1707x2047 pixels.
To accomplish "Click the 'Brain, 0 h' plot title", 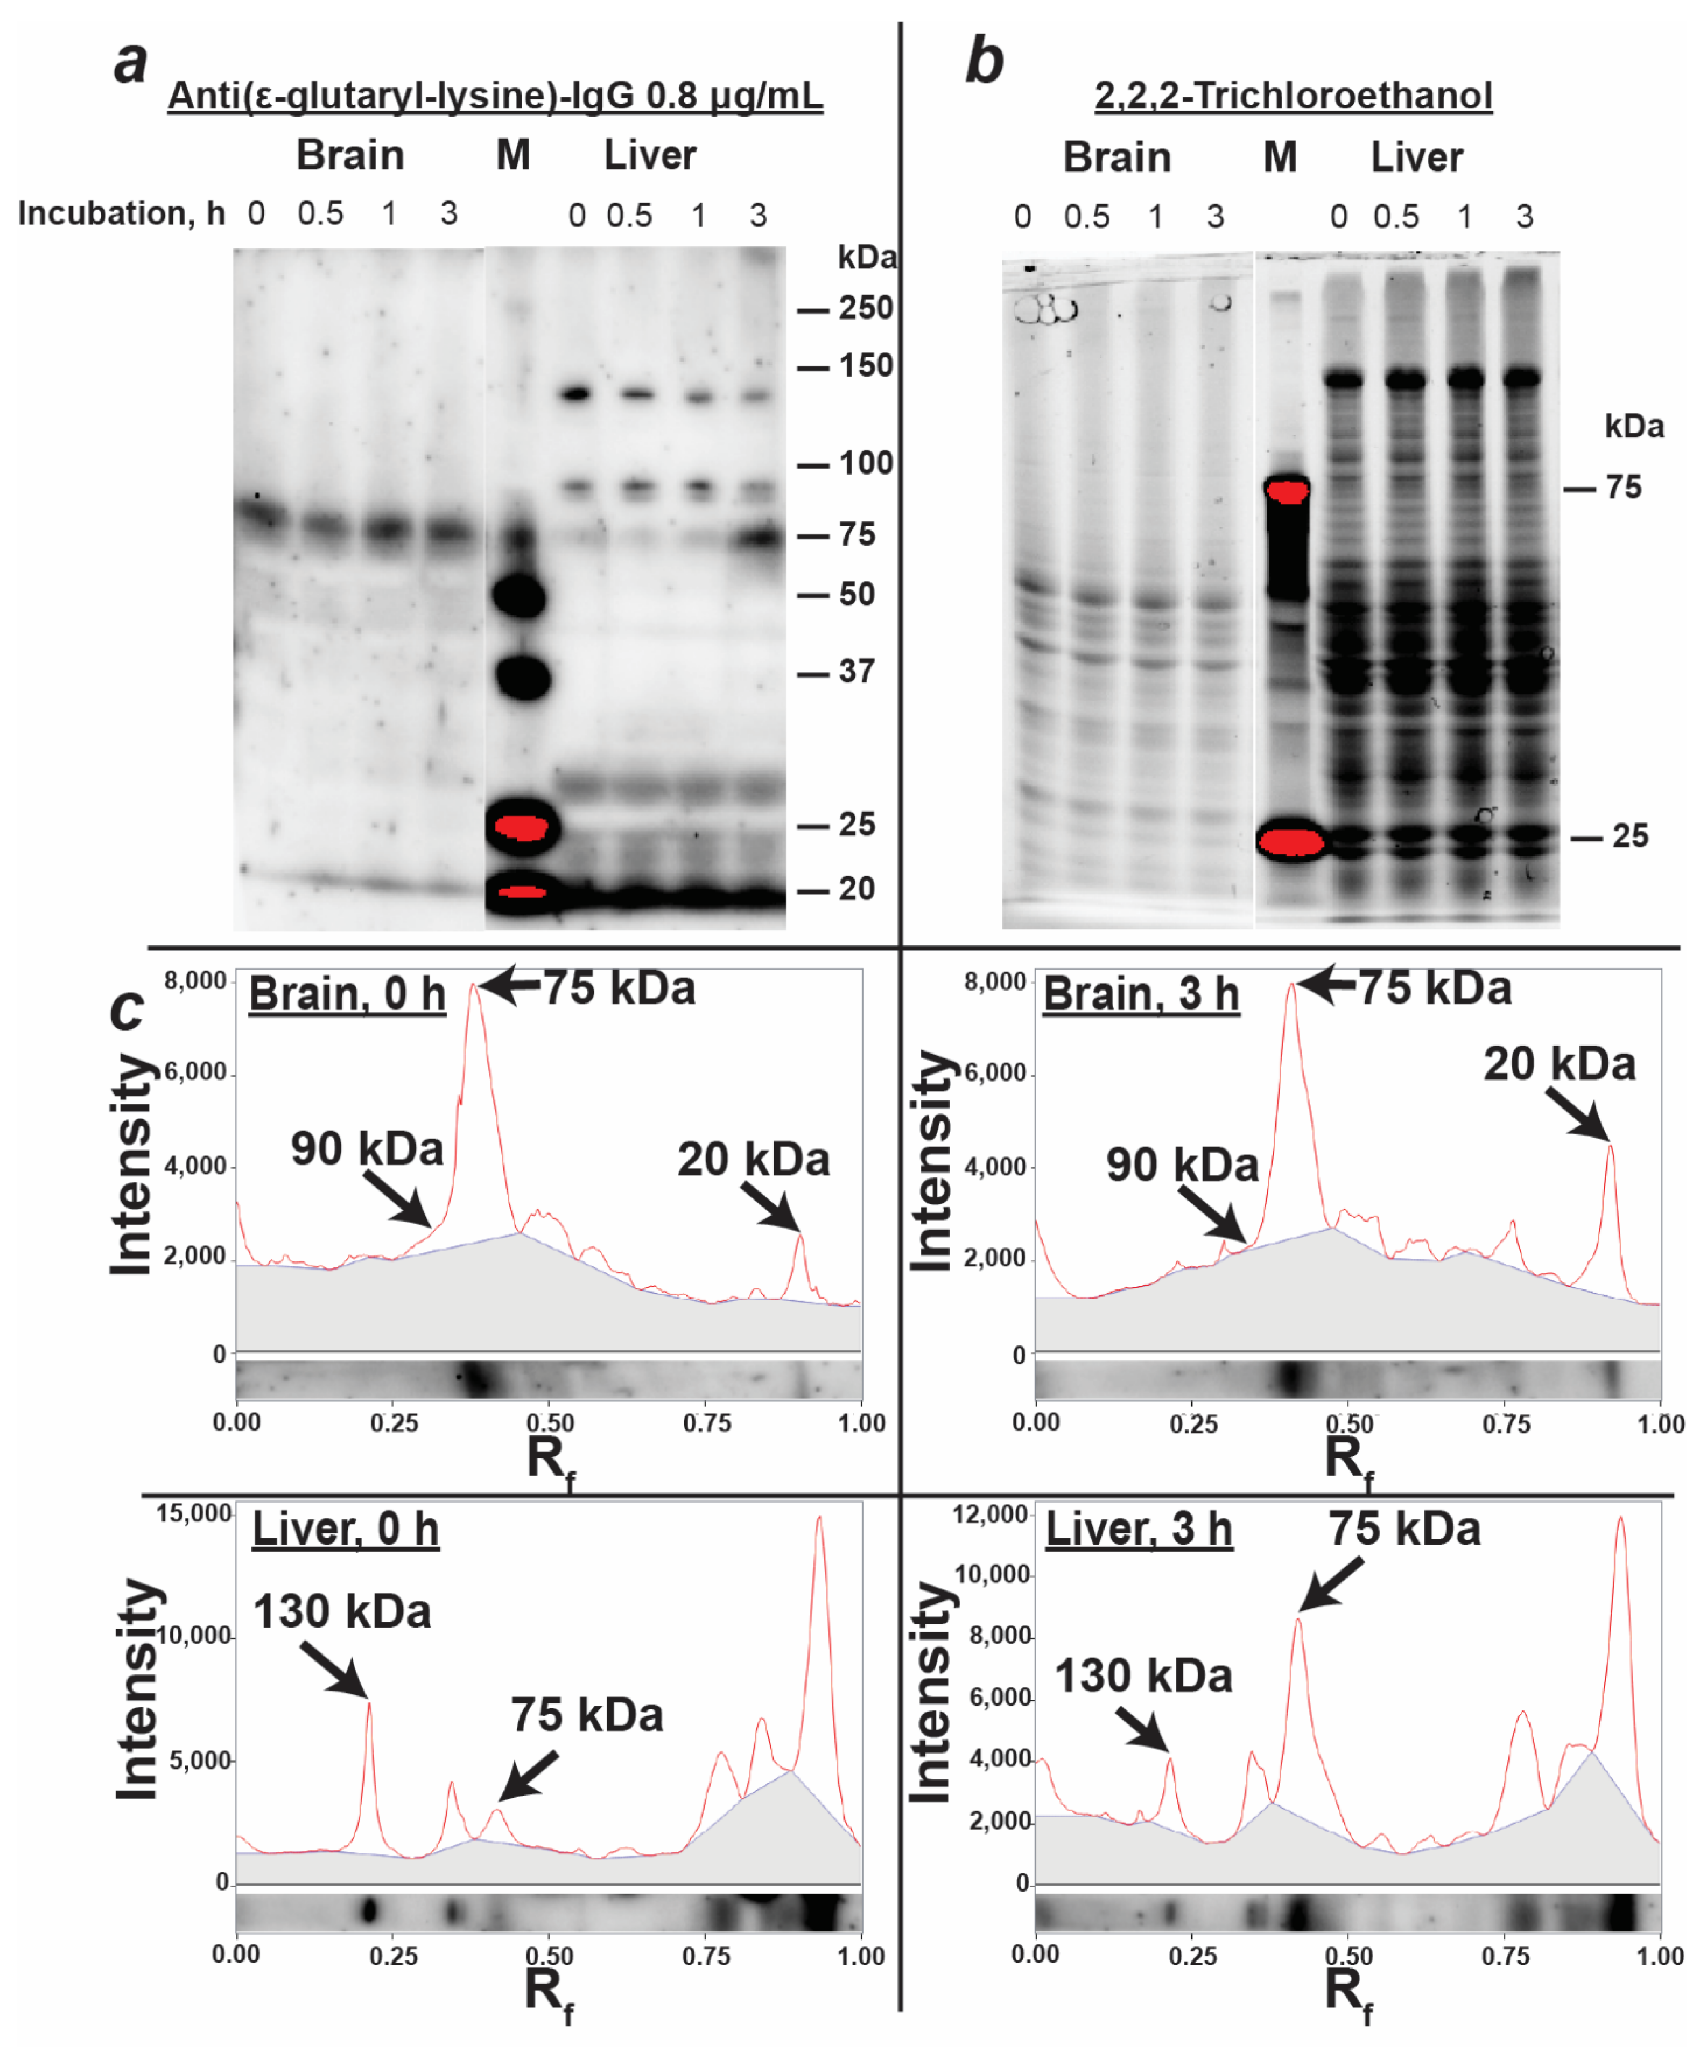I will (347, 994).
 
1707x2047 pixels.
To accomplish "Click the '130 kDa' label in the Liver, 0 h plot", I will (342, 1611).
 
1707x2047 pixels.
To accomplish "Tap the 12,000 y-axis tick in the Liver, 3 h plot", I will (992, 1514).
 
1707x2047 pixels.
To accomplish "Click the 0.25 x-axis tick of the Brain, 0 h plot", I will (394, 1423).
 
